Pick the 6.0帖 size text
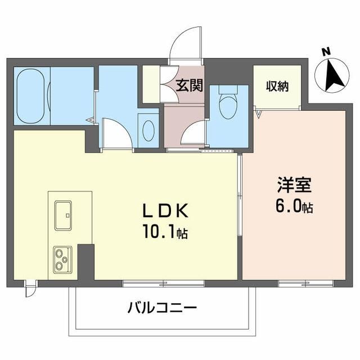pos(294,206)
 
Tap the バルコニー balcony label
pos(162,308)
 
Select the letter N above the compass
pos(325,51)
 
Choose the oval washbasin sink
pos(148,130)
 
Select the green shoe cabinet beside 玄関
pos(151,85)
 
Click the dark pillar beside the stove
pos(85,262)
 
